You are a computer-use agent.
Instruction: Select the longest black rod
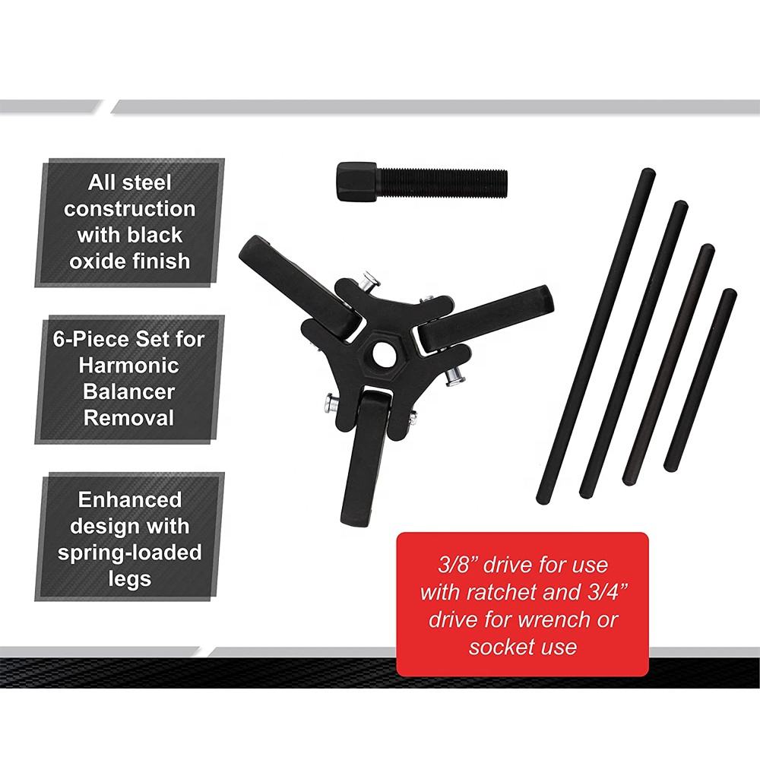click(596, 335)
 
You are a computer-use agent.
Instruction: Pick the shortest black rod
click(700, 380)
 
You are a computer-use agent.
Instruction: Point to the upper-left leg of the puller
click(300, 281)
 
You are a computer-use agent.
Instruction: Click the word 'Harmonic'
click(129, 366)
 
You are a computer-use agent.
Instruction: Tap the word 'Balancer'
click(129, 391)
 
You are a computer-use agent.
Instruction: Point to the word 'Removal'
click(129, 418)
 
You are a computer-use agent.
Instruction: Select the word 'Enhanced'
click(130, 500)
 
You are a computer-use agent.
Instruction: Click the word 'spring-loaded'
click(130, 553)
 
